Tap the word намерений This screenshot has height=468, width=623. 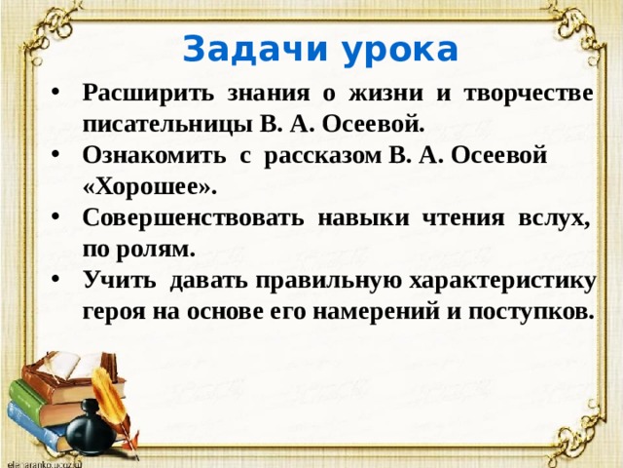click(x=385, y=312)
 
